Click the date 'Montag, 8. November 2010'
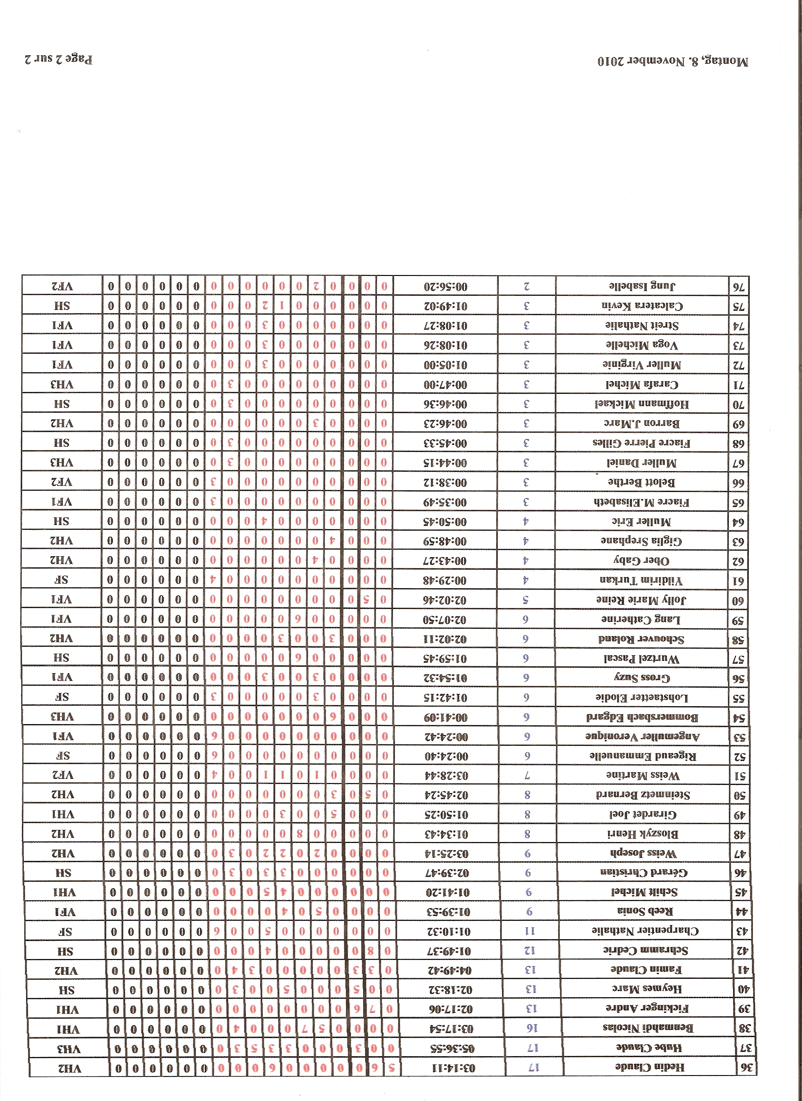[672, 62]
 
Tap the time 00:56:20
[445, 286]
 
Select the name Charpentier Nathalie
[645, 930]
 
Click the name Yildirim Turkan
[641, 580]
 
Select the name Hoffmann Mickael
[642, 404]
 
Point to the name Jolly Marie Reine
[641, 600]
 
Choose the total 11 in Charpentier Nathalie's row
[530, 931]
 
